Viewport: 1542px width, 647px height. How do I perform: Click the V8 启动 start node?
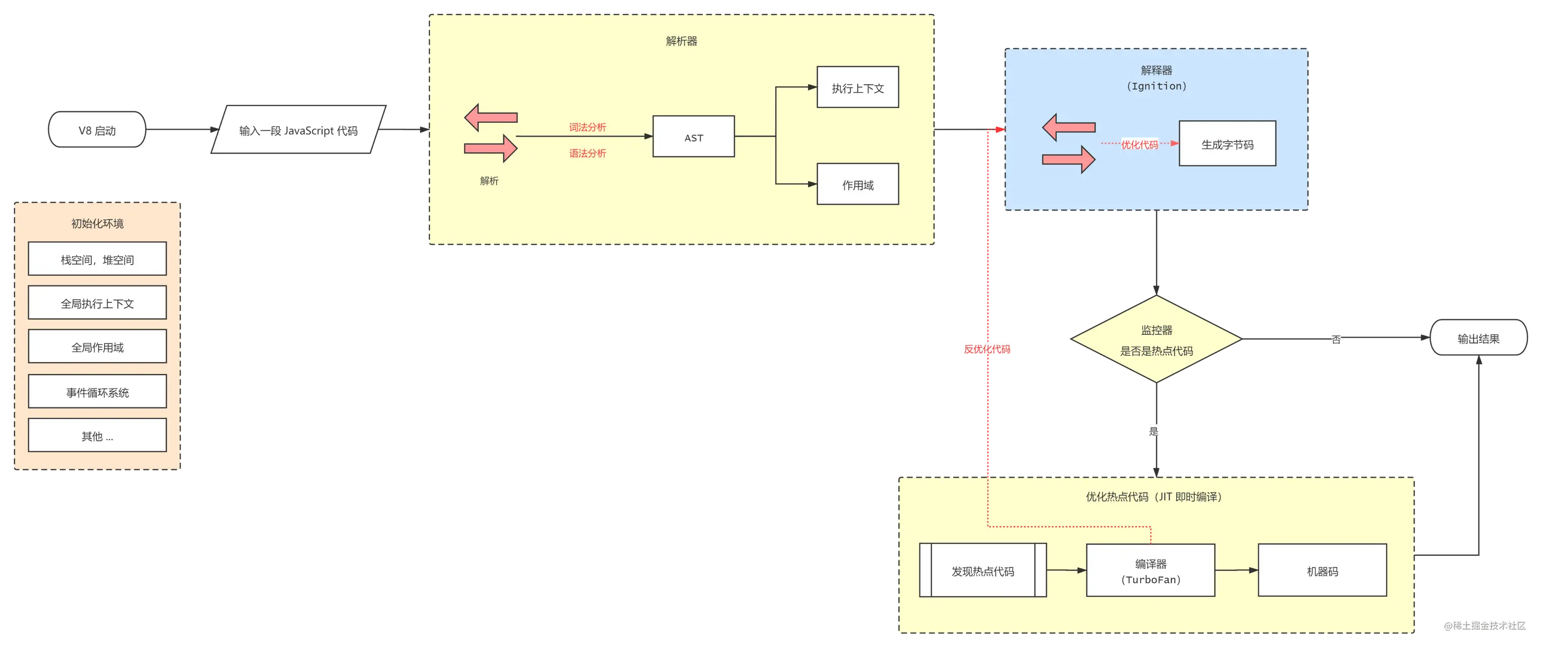97,130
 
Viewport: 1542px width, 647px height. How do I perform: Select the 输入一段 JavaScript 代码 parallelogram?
298,131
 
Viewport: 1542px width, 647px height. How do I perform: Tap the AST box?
693,137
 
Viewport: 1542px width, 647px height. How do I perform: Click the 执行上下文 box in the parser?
857,88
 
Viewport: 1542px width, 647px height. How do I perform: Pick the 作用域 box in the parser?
857,185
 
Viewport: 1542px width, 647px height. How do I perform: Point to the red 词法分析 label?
587,127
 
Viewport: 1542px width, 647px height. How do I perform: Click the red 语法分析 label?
587,153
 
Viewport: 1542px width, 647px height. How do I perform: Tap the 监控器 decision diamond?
1156,340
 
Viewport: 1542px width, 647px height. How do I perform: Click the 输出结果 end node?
1478,338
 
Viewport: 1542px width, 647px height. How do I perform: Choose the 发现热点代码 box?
982,571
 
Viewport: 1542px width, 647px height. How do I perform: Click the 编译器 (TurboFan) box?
1150,571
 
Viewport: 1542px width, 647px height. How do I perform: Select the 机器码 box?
1322,571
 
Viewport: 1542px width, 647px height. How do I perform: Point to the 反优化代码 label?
987,349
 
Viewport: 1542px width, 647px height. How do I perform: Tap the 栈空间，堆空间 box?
97,259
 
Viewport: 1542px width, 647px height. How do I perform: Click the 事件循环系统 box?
97,392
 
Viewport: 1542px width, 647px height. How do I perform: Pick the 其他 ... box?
97,436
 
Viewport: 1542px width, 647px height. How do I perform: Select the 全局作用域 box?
97,347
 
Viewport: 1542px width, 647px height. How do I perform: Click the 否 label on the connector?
1335,340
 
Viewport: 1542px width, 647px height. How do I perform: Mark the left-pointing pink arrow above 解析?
491,117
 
